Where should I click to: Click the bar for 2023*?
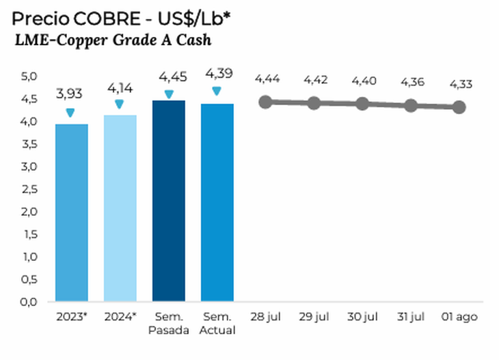point(71,212)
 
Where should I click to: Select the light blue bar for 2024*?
point(120,208)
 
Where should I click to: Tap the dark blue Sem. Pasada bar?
point(168,201)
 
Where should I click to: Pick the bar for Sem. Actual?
point(217,202)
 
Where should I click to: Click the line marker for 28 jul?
point(266,102)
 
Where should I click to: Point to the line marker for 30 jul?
point(362,104)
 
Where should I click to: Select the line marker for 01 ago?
point(459,107)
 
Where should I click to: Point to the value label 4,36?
point(411,82)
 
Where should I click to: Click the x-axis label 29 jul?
point(314,317)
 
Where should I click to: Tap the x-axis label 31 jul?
point(411,317)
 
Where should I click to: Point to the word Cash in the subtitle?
point(193,40)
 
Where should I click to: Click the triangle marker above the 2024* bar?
point(120,104)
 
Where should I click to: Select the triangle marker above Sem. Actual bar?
point(217,91)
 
